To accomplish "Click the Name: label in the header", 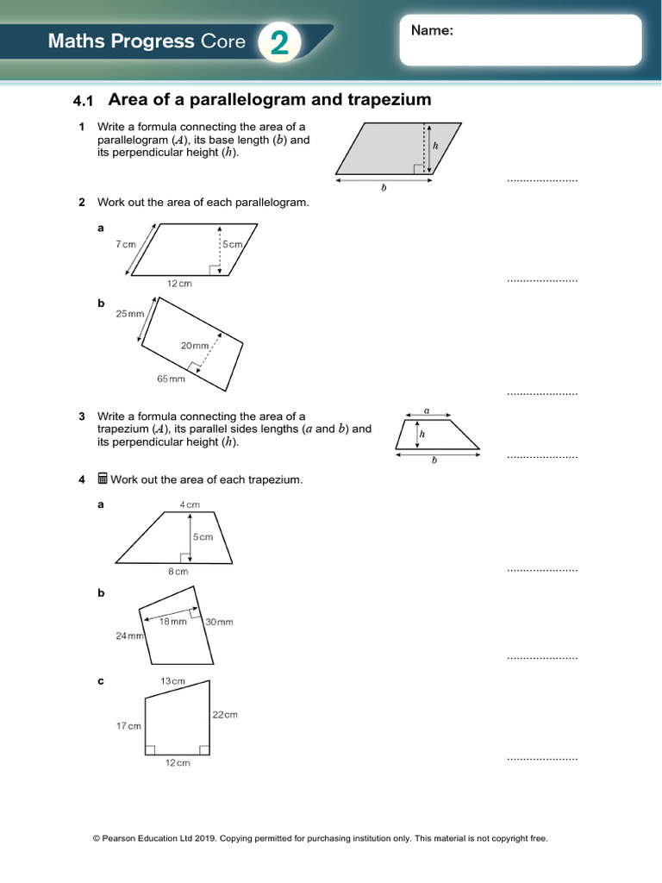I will (x=432, y=31).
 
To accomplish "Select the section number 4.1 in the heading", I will (x=83, y=102).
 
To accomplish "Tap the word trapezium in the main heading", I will (x=389, y=100).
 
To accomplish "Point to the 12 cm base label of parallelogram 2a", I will (x=179, y=284).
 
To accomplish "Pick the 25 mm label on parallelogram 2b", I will (x=130, y=314).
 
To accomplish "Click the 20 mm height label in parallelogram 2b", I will (x=194, y=346).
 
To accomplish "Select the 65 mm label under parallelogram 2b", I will (x=171, y=379).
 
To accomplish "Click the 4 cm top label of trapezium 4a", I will (x=189, y=504).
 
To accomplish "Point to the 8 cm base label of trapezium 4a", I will (x=178, y=571).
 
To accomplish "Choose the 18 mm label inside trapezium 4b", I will (x=172, y=622).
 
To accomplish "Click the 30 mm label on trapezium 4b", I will (x=219, y=622).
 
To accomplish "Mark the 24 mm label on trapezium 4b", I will (x=129, y=636).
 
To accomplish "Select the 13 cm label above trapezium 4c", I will (x=172, y=681).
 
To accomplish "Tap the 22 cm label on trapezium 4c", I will (x=224, y=714).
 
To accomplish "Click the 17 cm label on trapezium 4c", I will (x=128, y=726).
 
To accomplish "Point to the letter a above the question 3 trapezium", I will (x=428, y=412).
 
